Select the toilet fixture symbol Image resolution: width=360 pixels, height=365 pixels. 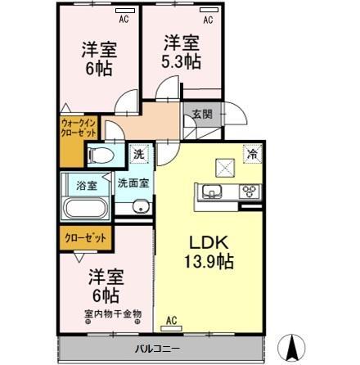[103, 155]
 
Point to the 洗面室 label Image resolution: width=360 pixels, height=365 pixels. [133, 183]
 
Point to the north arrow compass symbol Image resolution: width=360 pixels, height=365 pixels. [290, 347]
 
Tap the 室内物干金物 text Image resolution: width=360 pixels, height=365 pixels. [112, 313]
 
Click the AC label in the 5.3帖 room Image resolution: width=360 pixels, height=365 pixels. [208, 18]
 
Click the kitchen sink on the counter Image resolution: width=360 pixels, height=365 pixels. [210, 193]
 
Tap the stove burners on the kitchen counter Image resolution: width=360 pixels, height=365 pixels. [249, 193]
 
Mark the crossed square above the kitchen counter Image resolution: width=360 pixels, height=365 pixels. [224, 167]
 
